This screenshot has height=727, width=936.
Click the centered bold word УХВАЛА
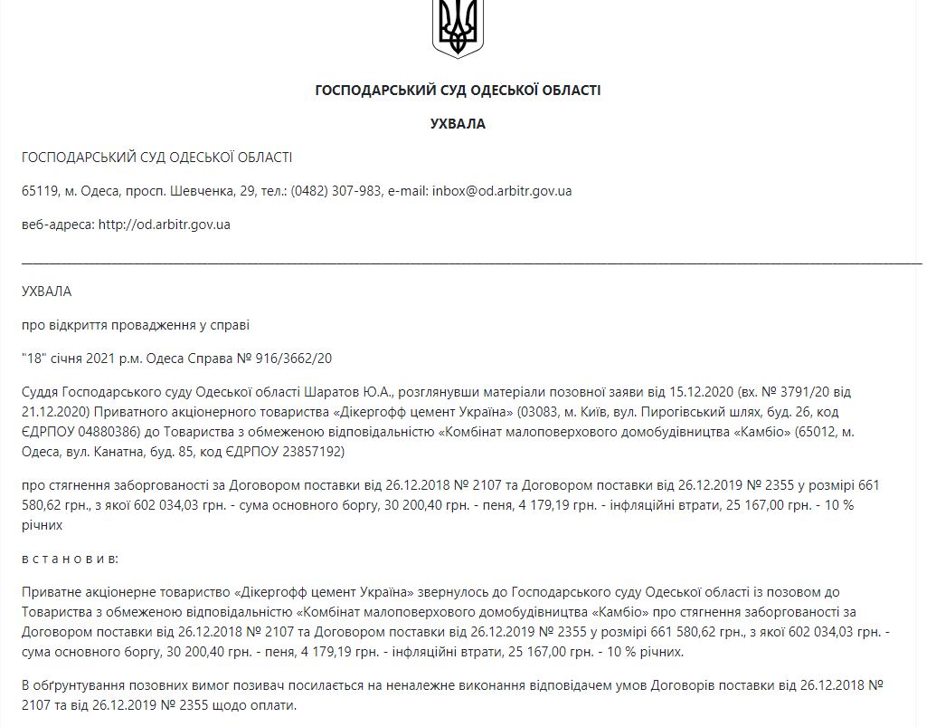point(457,124)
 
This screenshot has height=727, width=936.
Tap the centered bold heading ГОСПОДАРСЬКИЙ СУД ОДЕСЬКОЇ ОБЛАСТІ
point(457,91)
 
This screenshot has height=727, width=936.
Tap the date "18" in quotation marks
point(33,358)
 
